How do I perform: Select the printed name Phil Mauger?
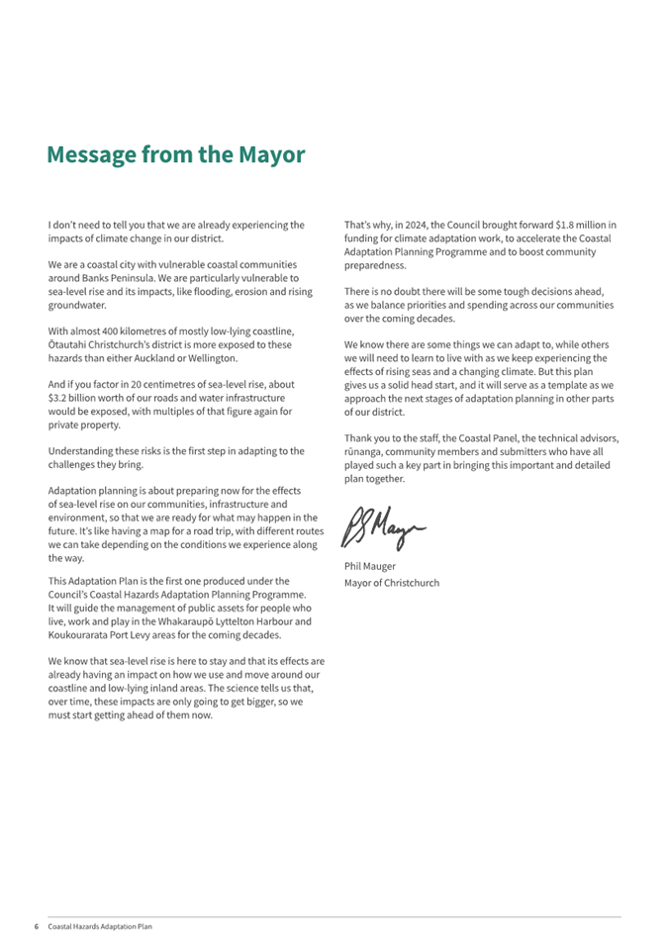click(369, 566)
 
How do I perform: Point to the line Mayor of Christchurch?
click(391, 582)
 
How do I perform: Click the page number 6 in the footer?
click(36, 926)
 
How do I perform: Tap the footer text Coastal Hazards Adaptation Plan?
click(101, 926)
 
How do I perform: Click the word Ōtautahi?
click(68, 345)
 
